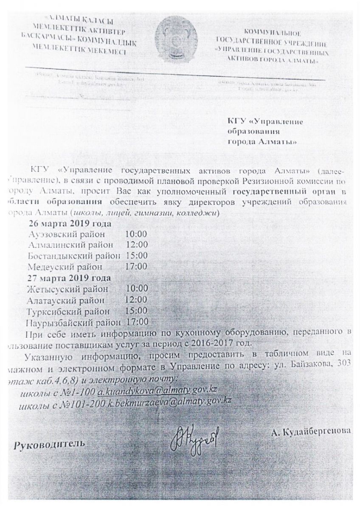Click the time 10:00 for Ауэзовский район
point(136,234)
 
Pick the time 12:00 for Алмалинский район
point(136,245)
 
